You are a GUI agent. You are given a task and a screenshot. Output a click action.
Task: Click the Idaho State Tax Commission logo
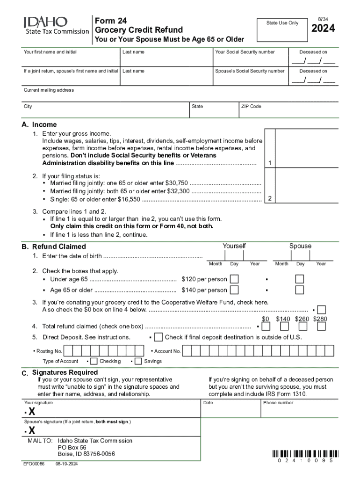(56, 25)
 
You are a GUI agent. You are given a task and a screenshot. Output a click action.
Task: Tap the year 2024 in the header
(323, 29)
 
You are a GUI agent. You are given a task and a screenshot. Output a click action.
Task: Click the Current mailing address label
(49, 90)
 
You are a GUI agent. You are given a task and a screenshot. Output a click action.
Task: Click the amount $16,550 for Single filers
(128, 199)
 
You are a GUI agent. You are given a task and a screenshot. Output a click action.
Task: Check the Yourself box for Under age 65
(234, 279)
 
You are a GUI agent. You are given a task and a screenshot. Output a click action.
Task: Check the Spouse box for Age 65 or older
(299, 290)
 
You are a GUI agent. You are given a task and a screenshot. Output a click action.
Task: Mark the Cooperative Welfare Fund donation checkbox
(321, 310)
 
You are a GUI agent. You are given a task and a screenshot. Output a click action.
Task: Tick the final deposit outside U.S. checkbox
(158, 337)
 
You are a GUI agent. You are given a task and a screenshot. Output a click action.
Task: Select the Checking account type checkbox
(94, 361)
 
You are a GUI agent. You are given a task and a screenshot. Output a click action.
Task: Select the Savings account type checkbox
(138, 361)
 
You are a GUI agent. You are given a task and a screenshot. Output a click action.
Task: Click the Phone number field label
(278, 403)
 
